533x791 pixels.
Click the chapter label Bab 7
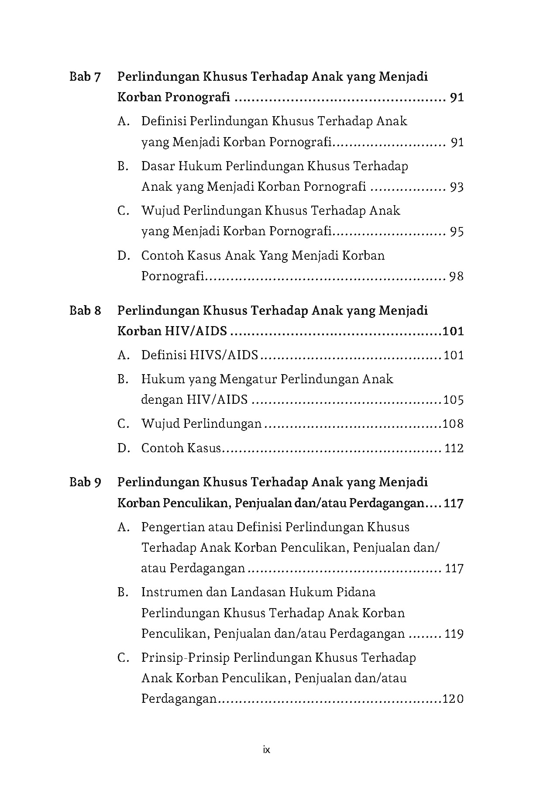(x=85, y=77)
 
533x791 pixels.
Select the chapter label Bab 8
(x=85, y=310)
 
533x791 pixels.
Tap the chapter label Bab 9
(x=85, y=482)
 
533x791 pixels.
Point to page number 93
(x=457, y=187)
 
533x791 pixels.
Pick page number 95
(x=457, y=231)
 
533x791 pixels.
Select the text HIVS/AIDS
(x=224, y=355)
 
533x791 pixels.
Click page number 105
(x=453, y=400)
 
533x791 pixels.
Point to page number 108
(x=453, y=424)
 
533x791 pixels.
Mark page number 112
(x=454, y=448)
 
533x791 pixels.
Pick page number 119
(x=454, y=634)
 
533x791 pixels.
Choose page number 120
(x=453, y=699)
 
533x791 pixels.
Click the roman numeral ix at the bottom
(x=267, y=750)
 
